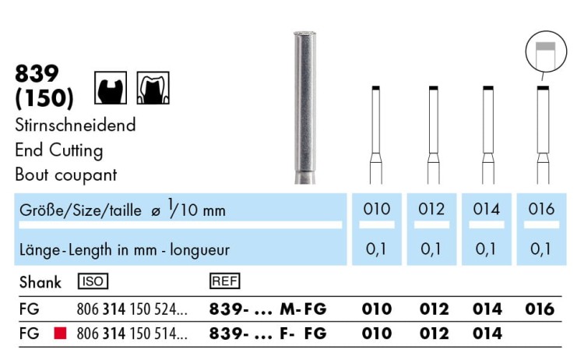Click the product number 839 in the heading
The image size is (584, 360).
pyautogui.click(x=37, y=73)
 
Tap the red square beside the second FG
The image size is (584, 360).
pyautogui.click(x=60, y=333)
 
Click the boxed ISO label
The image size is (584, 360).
pyautogui.click(x=93, y=281)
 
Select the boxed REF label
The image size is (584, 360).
pyautogui.click(x=224, y=281)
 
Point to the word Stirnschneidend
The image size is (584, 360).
pyautogui.click(x=76, y=125)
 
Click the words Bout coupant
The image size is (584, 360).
pyautogui.click(x=66, y=175)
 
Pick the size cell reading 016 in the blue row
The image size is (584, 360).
pyautogui.click(x=541, y=209)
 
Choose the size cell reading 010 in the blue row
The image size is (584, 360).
pyautogui.click(x=377, y=209)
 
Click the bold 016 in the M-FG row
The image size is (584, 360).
pyautogui.click(x=540, y=309)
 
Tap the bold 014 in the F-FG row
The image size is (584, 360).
pyautogui.click(x=487, y=334)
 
